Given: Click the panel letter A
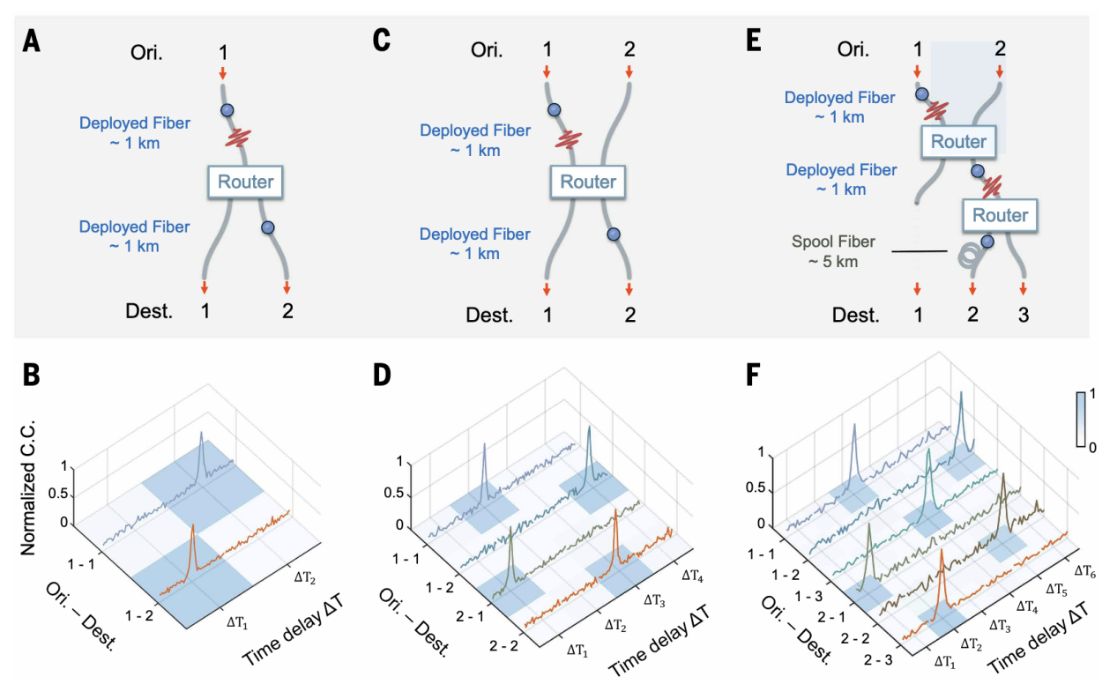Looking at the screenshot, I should [32, 41].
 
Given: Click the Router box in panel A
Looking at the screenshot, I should [246, 182].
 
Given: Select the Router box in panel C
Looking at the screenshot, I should [588, 182].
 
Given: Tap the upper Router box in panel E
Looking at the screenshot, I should [958, 142].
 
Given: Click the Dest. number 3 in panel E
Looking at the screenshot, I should [1024, 315].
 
